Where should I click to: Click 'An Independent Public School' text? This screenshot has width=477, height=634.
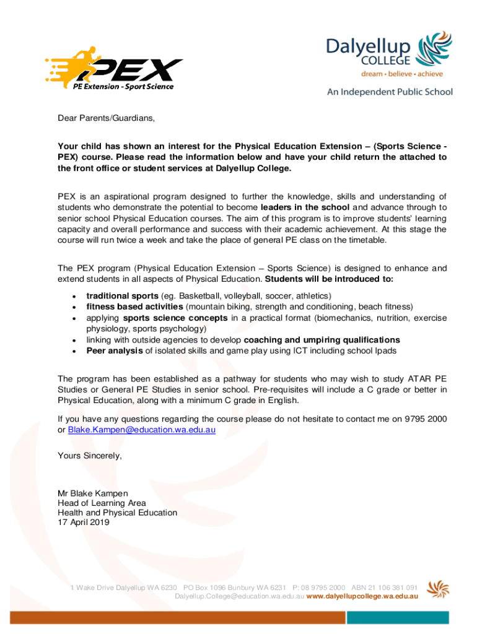[390, 92]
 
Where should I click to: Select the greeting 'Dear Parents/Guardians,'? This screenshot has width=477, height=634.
[106, 118]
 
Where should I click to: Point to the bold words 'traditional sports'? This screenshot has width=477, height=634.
[121, 296]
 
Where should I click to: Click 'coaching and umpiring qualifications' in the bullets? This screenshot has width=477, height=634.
[322, 341]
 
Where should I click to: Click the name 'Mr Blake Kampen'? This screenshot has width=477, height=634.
[93, 493]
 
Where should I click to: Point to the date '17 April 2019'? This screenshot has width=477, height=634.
[84, 523]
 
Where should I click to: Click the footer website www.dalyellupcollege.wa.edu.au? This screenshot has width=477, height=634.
[362, 596]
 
